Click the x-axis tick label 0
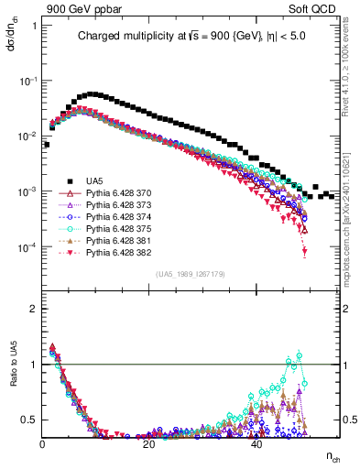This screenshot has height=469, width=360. click(42, 443)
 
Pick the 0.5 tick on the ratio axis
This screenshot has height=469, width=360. click(30, 420)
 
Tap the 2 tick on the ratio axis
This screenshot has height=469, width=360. click(34, 309)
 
